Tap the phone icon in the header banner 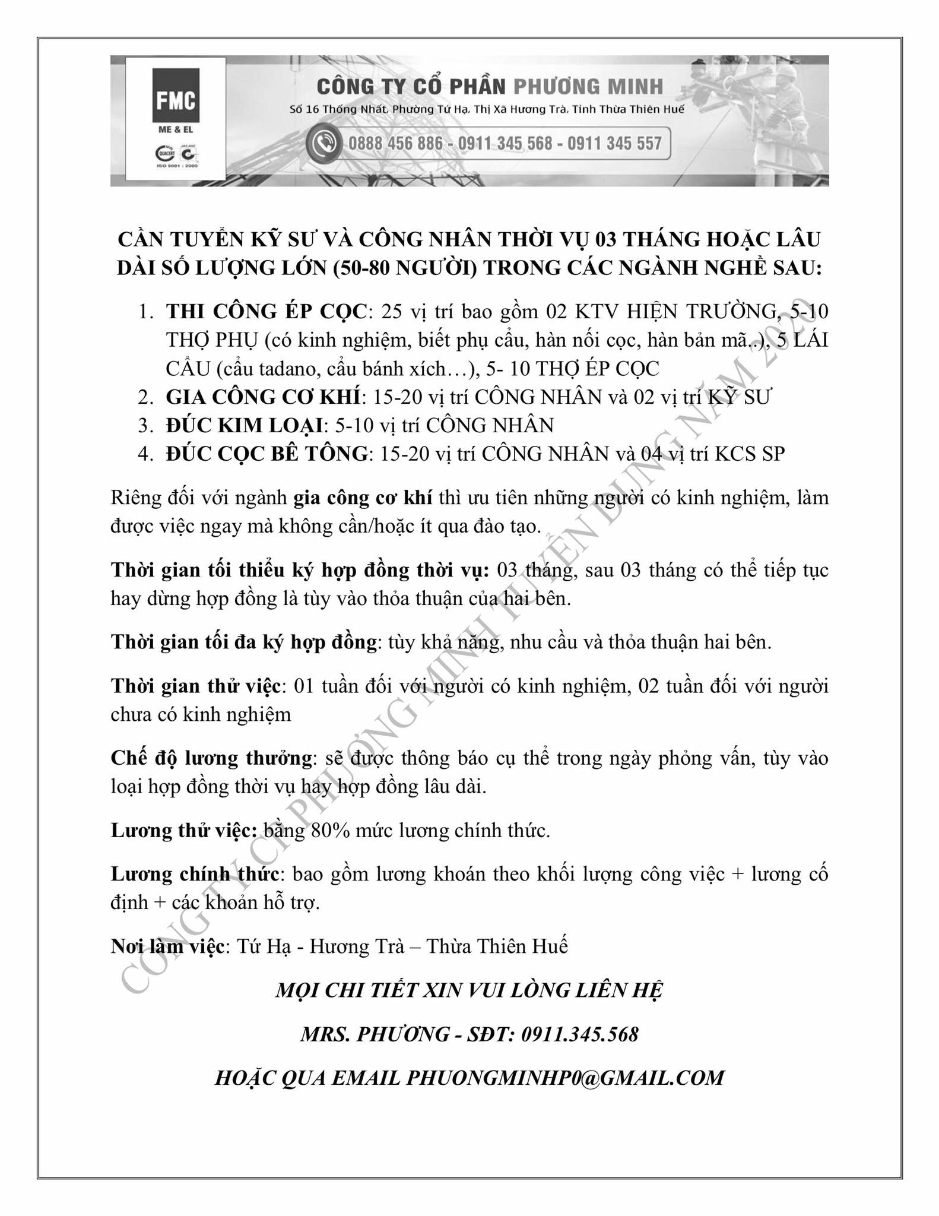324,144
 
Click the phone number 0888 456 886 396,144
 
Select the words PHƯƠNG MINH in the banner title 588,87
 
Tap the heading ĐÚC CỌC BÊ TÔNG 267,454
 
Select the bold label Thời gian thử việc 195,686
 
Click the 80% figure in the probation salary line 330,830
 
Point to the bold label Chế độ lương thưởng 211,758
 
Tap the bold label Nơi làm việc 167,946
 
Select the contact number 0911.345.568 580,1034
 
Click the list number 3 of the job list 144,425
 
